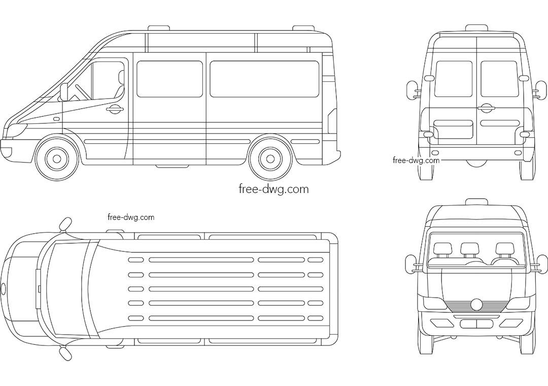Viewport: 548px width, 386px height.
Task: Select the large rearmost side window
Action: point(264,79)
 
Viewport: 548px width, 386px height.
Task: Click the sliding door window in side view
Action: point(169,79)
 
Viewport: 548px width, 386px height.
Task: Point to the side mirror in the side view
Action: point(64,92)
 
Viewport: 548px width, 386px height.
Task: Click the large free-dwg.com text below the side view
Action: point(273,189)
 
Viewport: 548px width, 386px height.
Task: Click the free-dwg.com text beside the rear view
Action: point(416,160)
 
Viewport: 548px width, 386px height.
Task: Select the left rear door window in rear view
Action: point(453,79)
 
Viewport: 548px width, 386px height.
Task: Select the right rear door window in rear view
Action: point(499,79)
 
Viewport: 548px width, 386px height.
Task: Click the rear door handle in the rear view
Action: point(486,108)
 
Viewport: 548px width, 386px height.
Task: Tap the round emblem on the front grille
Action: point(476,304)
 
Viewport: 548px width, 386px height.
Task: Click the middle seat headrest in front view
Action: point(469,248)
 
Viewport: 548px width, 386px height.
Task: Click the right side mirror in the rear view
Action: point(541,89)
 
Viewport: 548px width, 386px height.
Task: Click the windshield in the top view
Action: point(68,289)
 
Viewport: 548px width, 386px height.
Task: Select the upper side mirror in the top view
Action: point(65,223)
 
